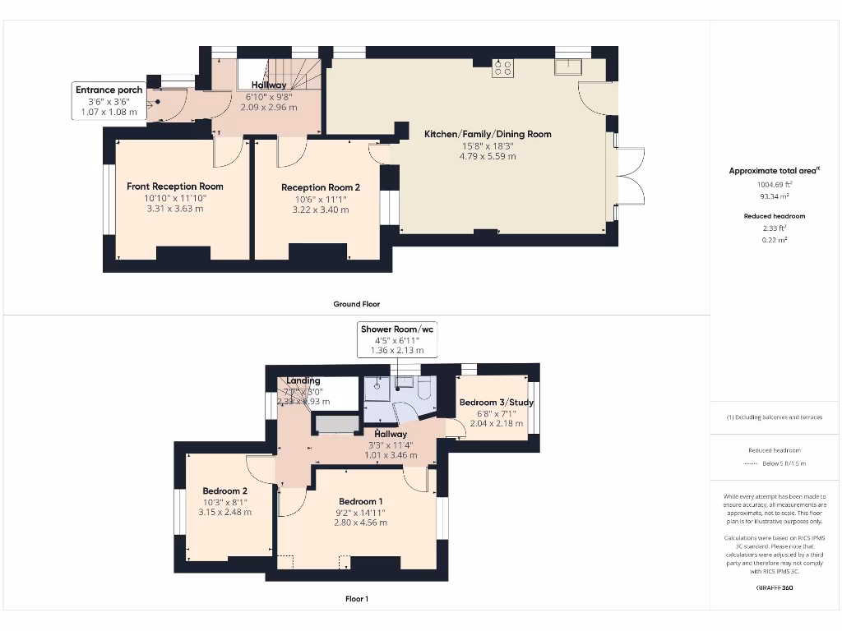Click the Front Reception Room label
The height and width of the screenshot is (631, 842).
point(174,187)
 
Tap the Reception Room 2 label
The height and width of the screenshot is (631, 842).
point(321,187)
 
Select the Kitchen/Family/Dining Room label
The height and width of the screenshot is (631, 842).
point(488,134)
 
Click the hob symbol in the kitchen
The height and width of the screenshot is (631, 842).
point(502,69)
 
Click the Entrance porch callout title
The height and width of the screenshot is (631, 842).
point(109,90)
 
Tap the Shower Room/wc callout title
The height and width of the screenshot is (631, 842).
point(397,329)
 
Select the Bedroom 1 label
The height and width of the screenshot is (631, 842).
point(360,501)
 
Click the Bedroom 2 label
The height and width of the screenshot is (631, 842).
point(224,491)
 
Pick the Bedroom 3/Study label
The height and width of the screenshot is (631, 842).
point(491,403)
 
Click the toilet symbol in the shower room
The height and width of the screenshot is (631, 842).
point(424,389)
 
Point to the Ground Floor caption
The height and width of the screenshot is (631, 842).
point(356,304)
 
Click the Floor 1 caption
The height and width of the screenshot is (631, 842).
point(356,599)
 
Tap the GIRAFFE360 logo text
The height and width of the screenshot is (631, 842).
point(775,587)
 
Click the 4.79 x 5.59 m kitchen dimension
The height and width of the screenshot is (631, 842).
point(488,156)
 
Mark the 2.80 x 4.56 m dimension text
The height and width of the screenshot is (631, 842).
point(360,522)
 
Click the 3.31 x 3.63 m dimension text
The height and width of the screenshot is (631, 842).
point(174,209)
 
